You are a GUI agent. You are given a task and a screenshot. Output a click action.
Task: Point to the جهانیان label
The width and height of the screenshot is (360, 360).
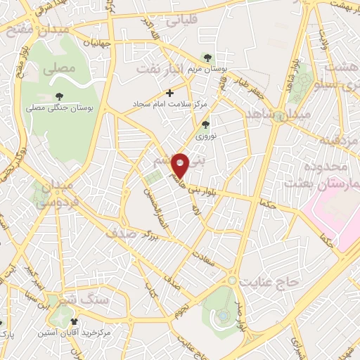(x=102, y=43)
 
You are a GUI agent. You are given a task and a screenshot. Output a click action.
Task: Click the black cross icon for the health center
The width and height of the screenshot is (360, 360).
(x=169, y=92)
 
